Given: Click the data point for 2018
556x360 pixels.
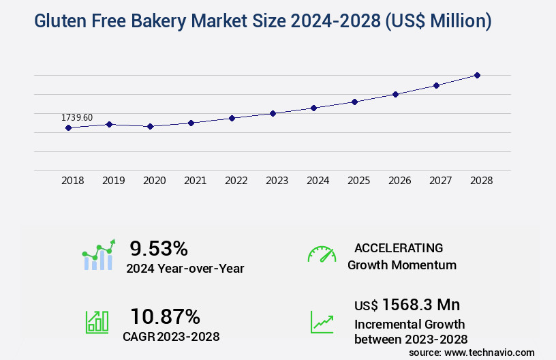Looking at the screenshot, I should pos(68,127).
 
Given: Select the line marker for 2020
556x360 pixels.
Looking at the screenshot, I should pos(150,126).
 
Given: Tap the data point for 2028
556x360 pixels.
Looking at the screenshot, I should pos(477,75).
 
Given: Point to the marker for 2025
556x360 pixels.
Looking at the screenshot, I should pos(354,102).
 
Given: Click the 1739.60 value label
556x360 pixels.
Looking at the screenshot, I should pos(77,117).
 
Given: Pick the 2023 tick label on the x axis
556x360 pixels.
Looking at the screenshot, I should pos(277,181).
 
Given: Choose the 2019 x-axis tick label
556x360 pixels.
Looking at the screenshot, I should pos(113,181).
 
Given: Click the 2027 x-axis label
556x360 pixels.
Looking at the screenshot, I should pos(440,181).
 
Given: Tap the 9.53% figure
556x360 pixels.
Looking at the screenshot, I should pos(159,247).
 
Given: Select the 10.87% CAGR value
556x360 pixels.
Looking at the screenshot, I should pos(165,316).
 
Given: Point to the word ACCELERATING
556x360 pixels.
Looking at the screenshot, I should pos(399,247).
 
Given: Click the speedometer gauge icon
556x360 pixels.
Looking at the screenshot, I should pos(322,254).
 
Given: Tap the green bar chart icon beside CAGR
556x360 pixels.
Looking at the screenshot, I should pos(97,321).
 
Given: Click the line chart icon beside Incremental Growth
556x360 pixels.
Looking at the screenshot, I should pos(322,321).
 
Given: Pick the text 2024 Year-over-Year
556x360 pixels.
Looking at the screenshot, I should pos(185,268).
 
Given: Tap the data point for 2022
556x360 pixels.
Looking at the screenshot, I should pos(232,118).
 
